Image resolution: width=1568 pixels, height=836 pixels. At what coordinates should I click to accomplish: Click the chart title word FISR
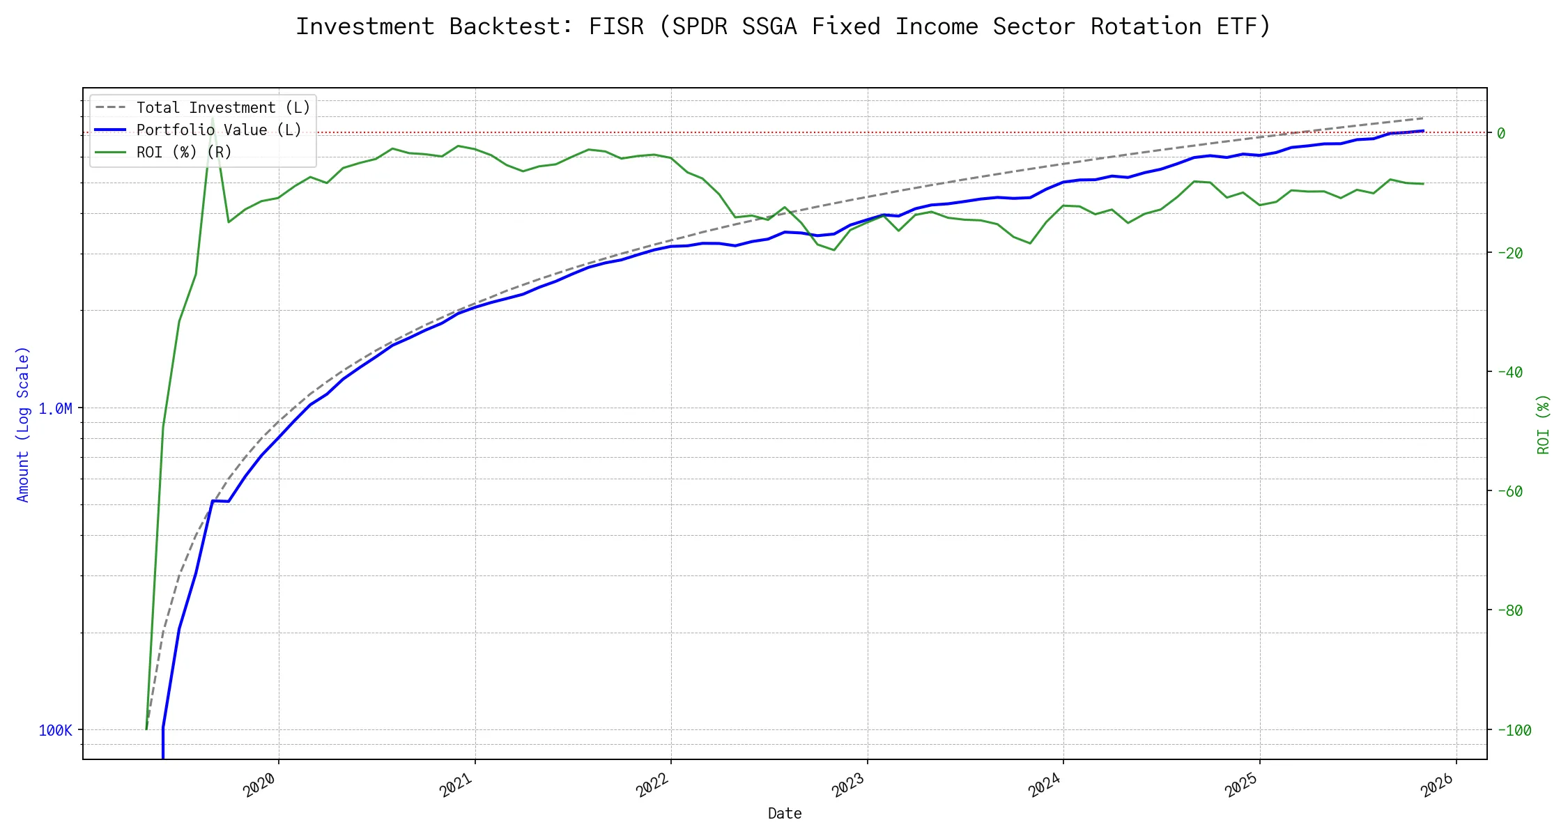(x=616, y=26)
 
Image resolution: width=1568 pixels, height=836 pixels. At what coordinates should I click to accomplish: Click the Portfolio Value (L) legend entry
(x=219, y=130)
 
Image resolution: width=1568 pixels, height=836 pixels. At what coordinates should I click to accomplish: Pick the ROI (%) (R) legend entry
(x=184, y=153)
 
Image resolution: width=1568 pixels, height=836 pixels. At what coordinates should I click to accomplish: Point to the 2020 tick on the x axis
(x=260, y=785)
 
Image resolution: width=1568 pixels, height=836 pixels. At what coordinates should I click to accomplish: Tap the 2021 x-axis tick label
(x=456, y=785)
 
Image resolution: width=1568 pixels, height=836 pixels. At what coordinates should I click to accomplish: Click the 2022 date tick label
(x=653, y=785)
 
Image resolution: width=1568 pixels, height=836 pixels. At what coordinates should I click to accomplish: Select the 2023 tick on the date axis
(x=849, y=785)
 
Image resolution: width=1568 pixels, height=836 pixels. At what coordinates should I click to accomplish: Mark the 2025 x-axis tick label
(x=1241, y=785)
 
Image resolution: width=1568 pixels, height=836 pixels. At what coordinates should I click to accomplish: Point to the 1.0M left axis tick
(x=55, y=408)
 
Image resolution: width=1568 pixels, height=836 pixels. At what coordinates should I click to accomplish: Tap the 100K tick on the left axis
(x=55, y=730)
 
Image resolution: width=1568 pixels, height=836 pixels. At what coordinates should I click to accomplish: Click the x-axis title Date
(x=785, y=813)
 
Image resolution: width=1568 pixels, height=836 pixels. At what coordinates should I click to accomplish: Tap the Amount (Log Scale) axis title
(x=23, y=424)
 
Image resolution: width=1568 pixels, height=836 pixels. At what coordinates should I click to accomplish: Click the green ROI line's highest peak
(x=213, y=118)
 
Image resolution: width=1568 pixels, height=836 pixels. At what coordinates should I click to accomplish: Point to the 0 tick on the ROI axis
(x=1501, y=133)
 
